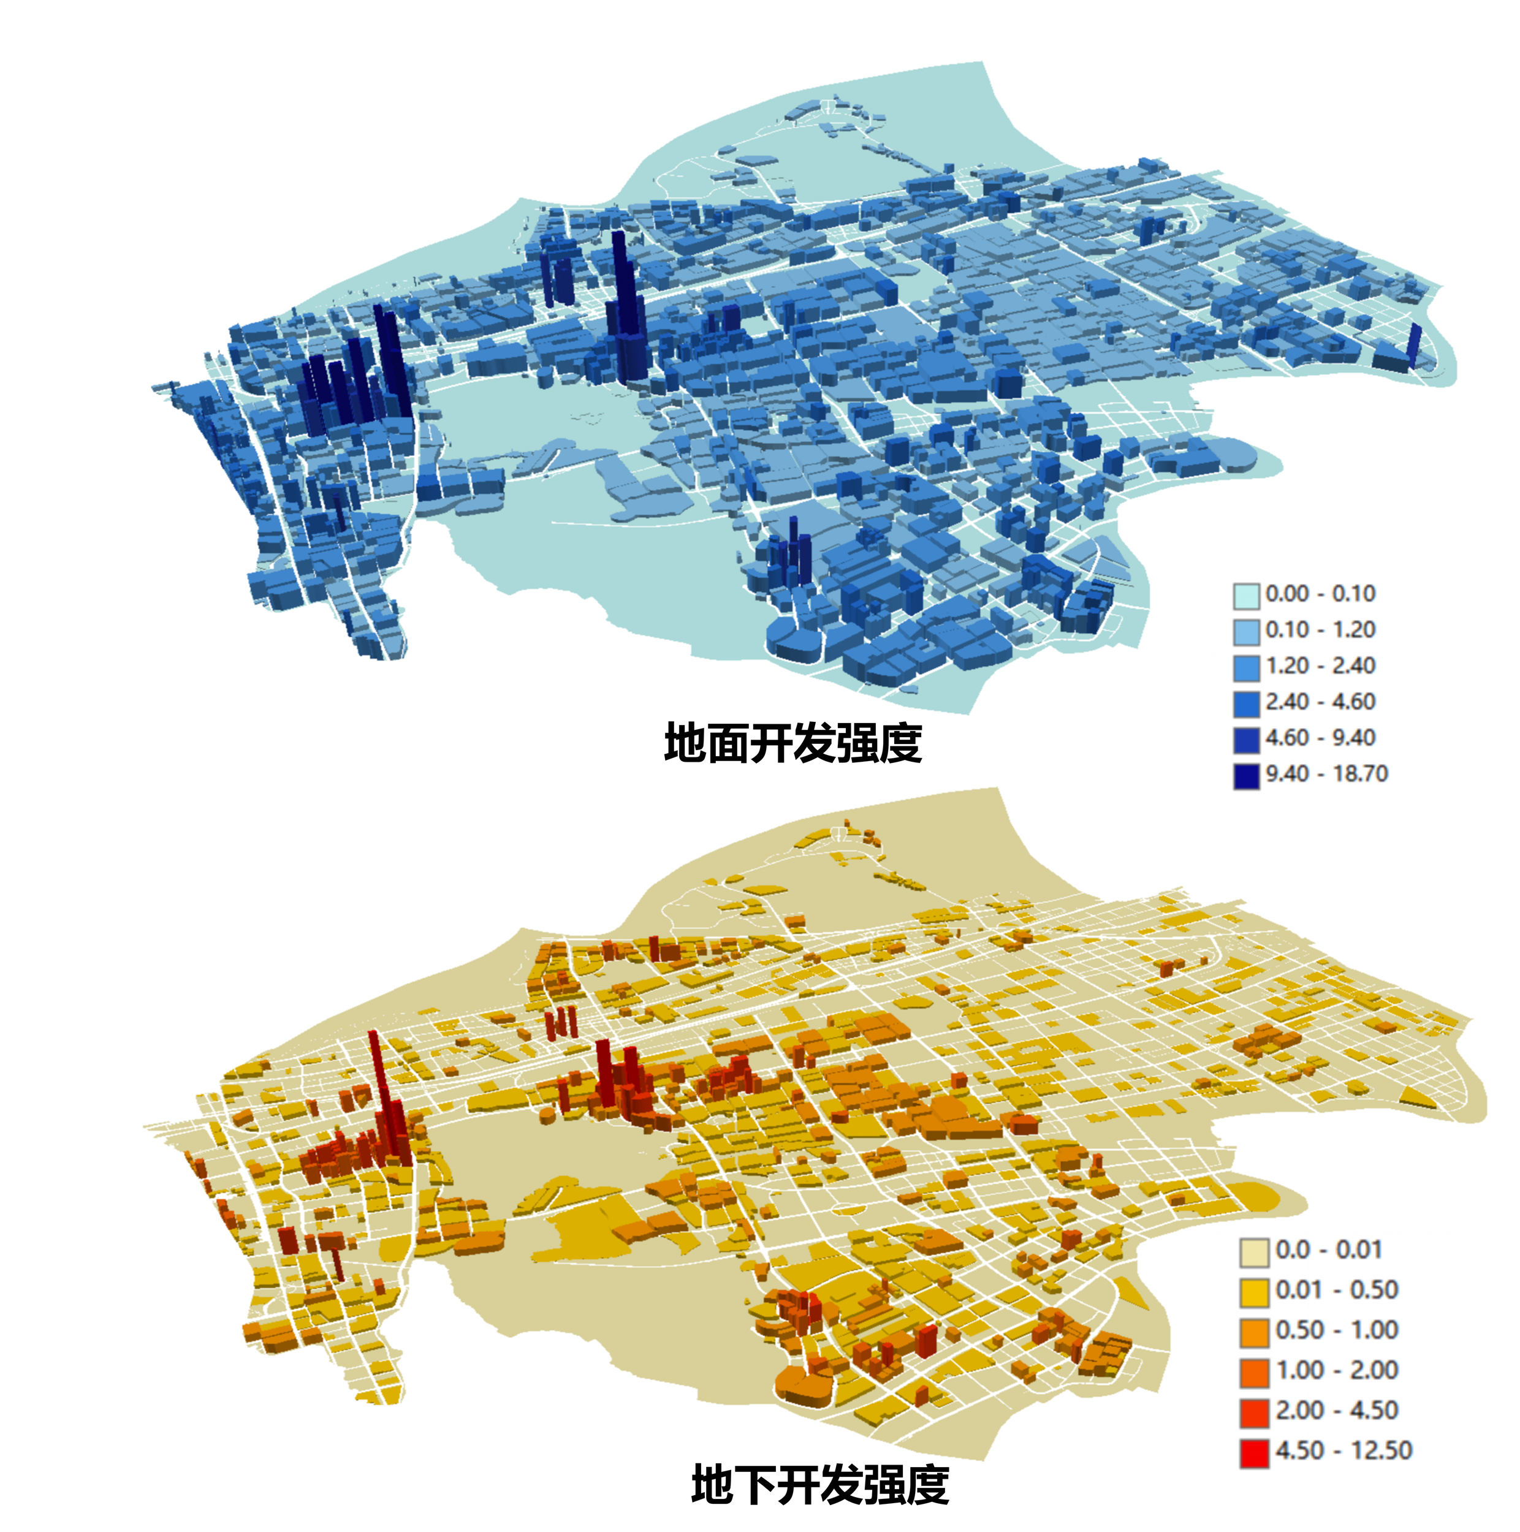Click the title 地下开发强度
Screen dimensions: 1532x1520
click(820, 1484)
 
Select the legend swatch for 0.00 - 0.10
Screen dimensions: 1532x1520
click(1245, 594)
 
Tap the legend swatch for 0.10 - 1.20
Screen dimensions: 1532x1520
click(1245, 631)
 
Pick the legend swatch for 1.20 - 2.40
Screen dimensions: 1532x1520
click(1245, 667)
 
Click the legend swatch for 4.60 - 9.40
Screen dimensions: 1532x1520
click(1245, 739)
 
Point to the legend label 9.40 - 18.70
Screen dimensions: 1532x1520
click(1326, 774)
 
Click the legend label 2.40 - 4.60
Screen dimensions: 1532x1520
click(1320, 702)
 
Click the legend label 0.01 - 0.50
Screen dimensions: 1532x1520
click(1337, 1290)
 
